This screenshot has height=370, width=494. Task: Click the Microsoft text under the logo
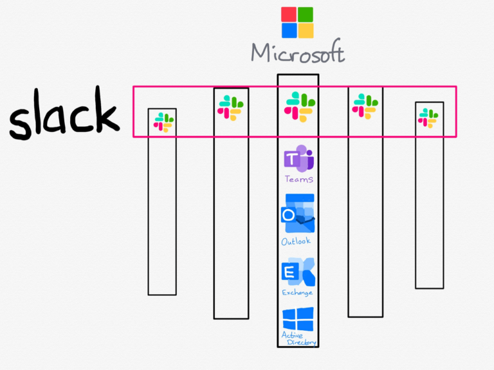point(297,52)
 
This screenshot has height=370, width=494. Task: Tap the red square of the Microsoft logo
point(289,15)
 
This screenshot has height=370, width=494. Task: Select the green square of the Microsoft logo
point(306,15)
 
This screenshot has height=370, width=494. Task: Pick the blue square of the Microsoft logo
point(289,30)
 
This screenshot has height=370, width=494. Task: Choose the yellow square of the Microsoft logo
point(306,30)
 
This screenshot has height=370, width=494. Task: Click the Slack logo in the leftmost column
point(163,122)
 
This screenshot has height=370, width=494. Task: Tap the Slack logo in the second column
point(230,107)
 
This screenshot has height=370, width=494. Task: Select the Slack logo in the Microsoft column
point(298,107)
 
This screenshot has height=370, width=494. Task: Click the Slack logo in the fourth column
point(365,106)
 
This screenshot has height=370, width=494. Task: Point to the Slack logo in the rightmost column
point(428,118)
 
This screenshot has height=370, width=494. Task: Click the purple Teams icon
point(298,159)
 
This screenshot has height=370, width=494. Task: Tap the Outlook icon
point(298,214)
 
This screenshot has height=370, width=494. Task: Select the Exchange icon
point(298,272)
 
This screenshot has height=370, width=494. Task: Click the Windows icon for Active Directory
point(298,319)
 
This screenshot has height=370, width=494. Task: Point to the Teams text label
point(298,179)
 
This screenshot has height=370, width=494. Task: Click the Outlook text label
point(296,241)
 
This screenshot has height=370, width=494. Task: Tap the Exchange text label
point(297,293)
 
